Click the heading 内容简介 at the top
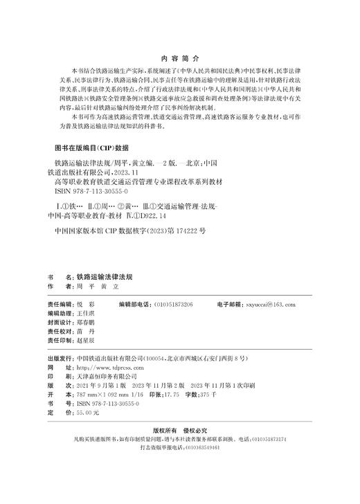[x=179, y=60]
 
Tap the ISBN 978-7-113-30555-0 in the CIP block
[x=89, y=188]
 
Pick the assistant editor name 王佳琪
[x=86, y=313]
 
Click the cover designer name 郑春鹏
[x=86, y=323]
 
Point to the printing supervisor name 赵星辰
[x=86, y=341]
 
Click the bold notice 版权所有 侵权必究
[x=179, y=431]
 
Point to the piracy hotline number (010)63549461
[x=199, y=448]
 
